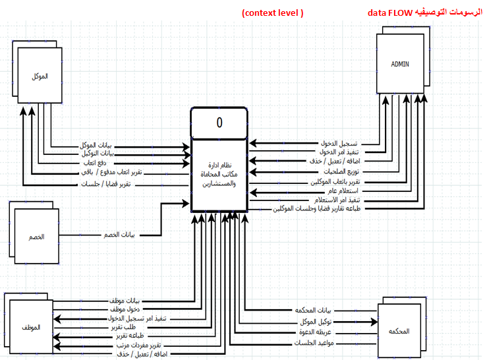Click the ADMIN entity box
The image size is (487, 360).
pyautogui.click(x=400, y=64)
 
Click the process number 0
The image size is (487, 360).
pyautogui.click(x=219, y=123)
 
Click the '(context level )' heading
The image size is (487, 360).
pyautogui.click(x=273, y=13)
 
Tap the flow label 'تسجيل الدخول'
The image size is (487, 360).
pyautogui.click(x=339, y=143)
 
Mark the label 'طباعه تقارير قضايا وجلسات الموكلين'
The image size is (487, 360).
pyautogui.click(x=316, y=208)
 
